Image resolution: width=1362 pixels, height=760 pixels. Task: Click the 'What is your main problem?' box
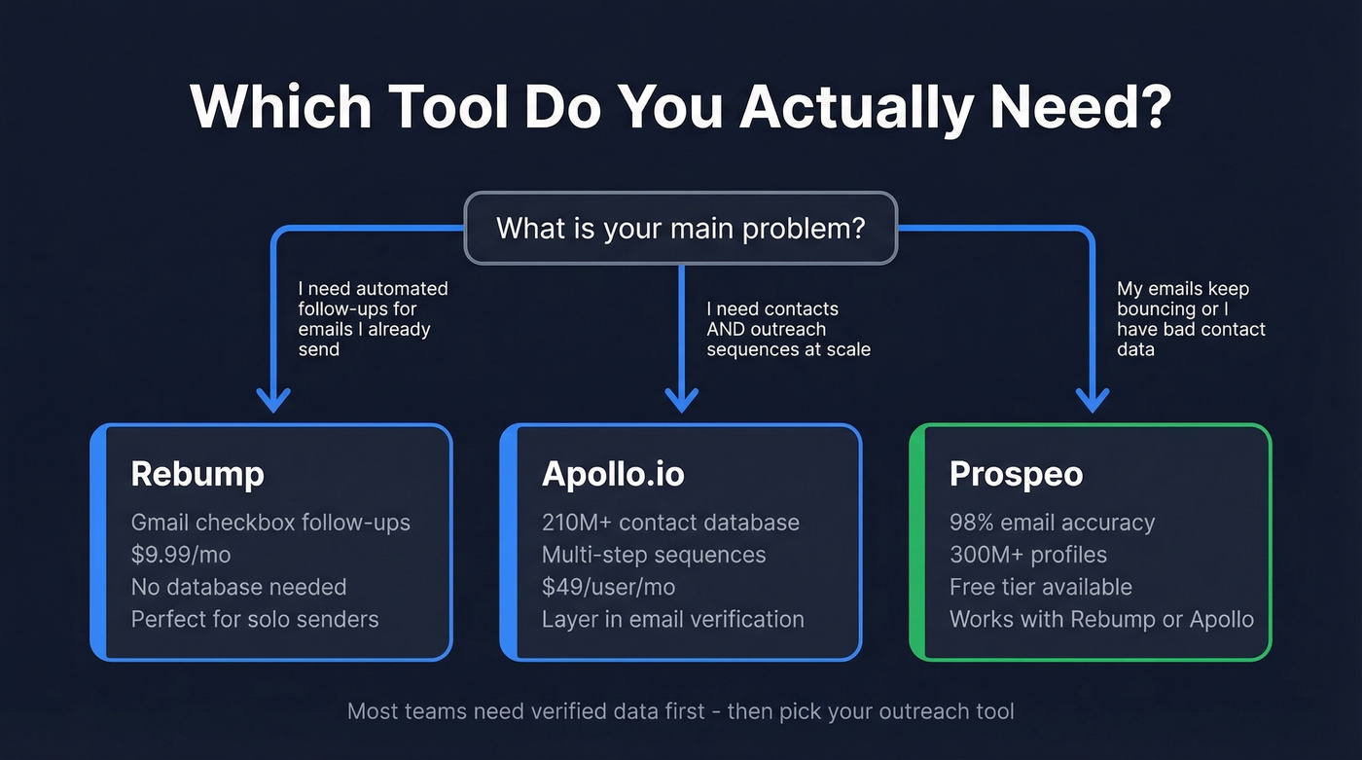pyautogui.click(x=680, y=229)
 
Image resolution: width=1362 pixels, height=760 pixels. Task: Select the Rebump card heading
pyautogui.click(x=197, y=474)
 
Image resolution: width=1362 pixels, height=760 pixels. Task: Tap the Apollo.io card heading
pyautogui.click(x=613, y=474)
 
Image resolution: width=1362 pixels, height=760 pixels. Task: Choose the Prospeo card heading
pyautogui.click(x=1017, y=474)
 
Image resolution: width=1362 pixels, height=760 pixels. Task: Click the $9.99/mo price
pyautogui.click(x=181, y=555)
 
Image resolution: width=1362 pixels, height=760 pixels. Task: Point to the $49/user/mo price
pyautogui.click(x=608, y=587)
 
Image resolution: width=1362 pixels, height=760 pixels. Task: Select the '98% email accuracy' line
pyautogui.click(x=1052, y=523)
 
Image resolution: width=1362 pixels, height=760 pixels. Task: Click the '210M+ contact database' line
pyautogui.click(x=670, y=523)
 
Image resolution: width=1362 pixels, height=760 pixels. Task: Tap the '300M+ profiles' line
pyautogui.click(x=1027, y=555)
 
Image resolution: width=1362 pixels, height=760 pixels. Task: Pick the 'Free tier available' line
pyautogui.click(x=1040, y=587)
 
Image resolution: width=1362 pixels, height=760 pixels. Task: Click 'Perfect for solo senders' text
pyautogui.click(x=255, y=619)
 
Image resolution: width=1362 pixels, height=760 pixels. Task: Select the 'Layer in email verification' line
pyautogui.click(x=672, y=619)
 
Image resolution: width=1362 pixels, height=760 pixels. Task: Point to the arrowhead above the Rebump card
pyautogui.click(x=273, y=399)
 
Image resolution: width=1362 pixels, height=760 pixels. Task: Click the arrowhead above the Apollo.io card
pyautogui.click(x=681, y=399)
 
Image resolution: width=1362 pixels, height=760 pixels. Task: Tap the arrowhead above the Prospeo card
pyautogui.click(x=1092, y=399)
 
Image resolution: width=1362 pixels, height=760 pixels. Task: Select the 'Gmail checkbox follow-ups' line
pyautogui.click(x=270, y=523)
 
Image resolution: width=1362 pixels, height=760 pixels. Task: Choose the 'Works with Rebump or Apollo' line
pyautogui.click(x=1101, y=619)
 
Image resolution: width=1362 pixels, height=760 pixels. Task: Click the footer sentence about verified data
pyautogui.click(x=680, y=711)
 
